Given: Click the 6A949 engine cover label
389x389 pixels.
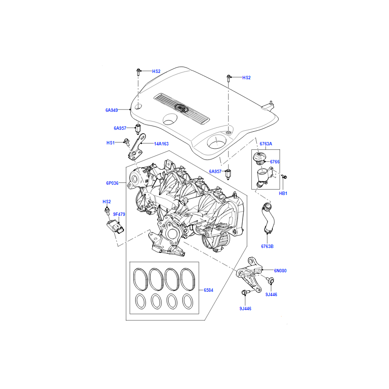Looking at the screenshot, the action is (112, 110).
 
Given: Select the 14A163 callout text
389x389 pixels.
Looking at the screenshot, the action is (161, 143).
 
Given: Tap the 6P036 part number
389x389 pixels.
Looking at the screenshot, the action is (112, 183).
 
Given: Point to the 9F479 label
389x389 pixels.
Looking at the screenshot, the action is (119, 214).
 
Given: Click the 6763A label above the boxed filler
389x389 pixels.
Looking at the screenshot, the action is (266, 143).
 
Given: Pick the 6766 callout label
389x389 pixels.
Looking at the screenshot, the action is (275, 162).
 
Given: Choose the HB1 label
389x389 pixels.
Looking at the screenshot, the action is (283, 193).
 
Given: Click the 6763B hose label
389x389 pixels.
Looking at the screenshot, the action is (267, 247).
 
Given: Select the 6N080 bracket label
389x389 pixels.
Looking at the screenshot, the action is (280, 271).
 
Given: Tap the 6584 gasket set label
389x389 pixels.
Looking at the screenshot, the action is (209, 290).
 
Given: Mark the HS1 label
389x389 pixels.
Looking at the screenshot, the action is (110, 142).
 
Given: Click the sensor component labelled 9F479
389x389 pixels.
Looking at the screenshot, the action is (115, 226).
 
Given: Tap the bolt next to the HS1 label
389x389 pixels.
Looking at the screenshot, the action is (127, 142).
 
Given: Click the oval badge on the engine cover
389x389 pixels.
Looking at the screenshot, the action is (181, 108).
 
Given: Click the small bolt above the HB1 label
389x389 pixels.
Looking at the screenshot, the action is (284, 177).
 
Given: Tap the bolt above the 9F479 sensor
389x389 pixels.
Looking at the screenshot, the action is (107, 211).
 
